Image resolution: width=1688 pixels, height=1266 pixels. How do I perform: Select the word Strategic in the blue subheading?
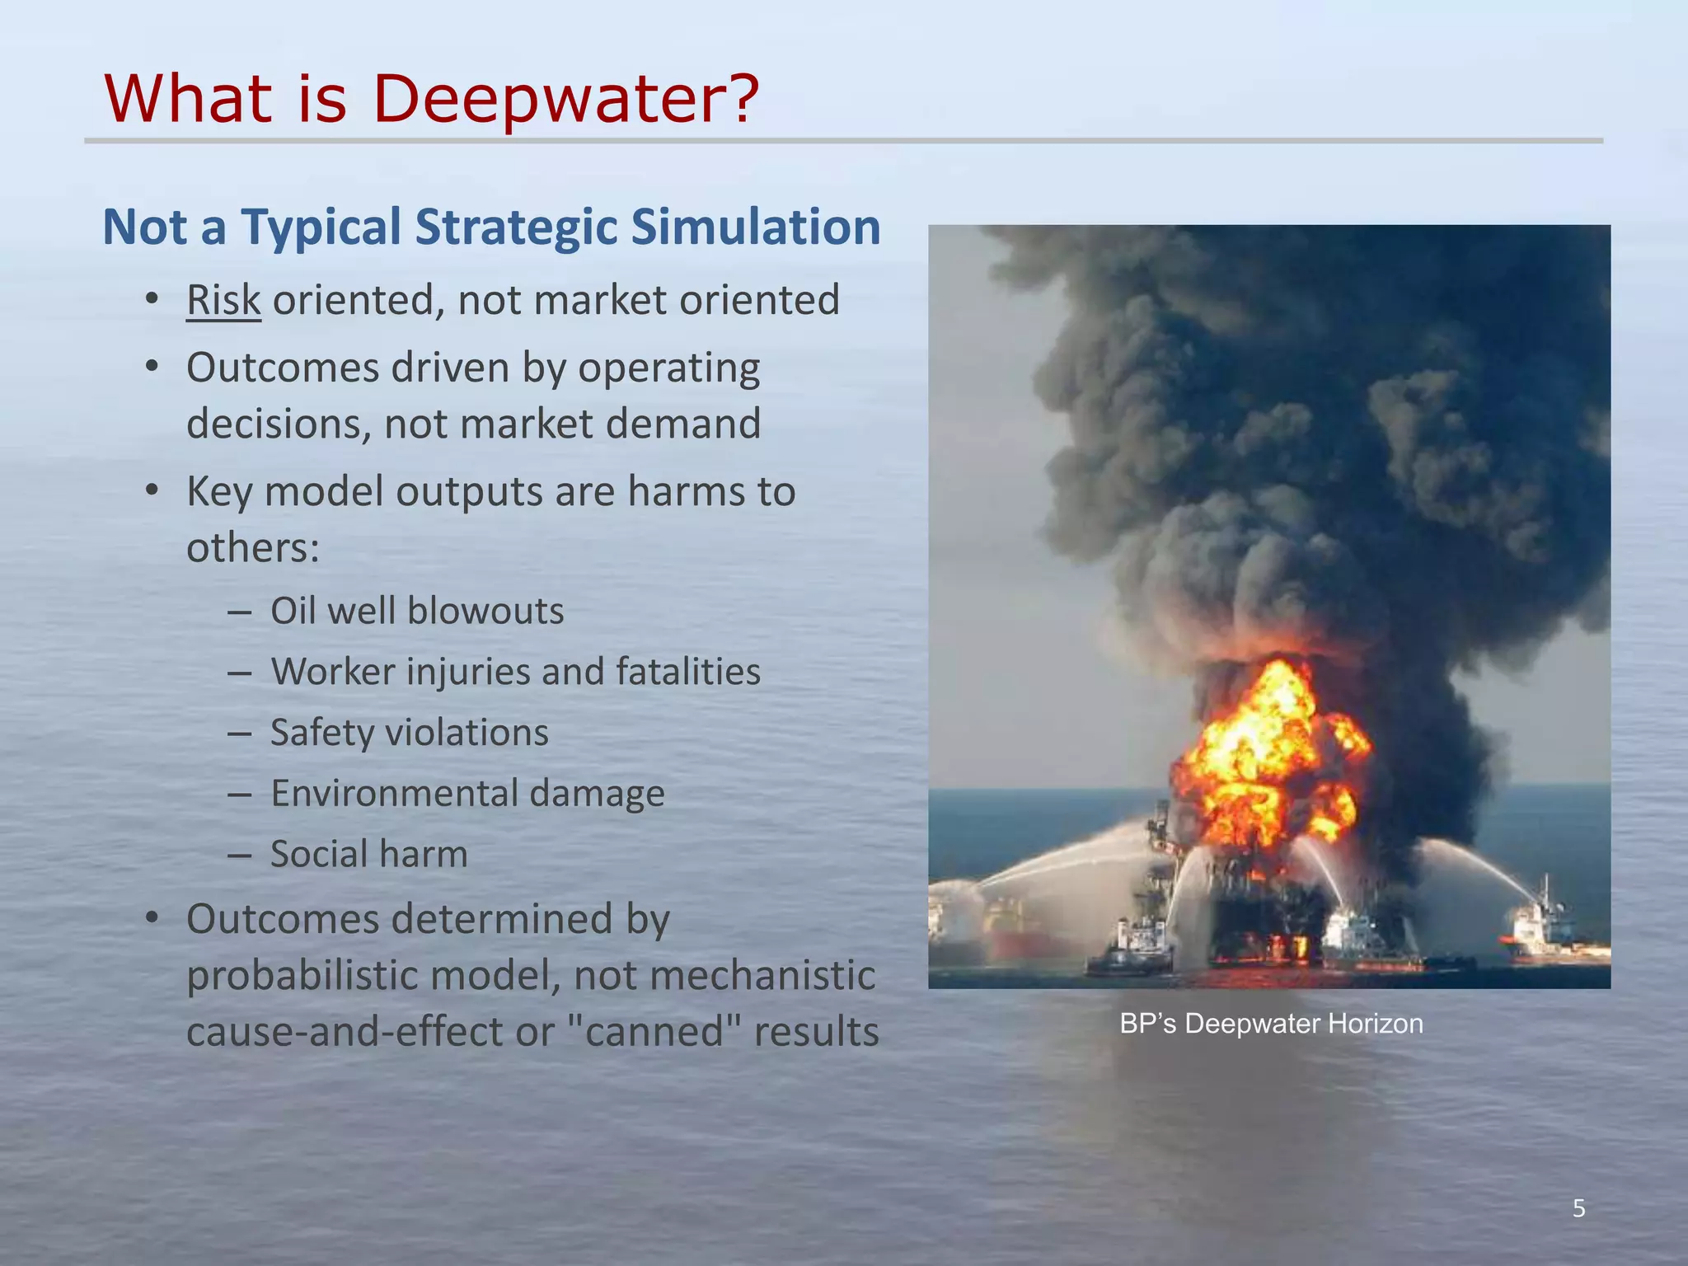point(516,227)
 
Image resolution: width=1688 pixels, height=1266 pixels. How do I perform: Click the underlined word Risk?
point(223,300)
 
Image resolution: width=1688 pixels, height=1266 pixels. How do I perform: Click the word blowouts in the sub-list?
point(485,612)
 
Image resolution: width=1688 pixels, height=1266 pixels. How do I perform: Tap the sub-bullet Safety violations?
point(409,733)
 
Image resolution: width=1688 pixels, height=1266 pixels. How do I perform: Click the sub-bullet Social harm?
point(368,854)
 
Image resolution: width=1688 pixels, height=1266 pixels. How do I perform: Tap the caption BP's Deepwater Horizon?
point(1271,1024)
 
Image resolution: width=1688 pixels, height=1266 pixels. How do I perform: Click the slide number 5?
point(1578,1208)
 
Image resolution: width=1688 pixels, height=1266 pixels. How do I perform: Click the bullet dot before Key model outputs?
point(152,491)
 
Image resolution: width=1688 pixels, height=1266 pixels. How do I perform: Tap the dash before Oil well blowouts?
point(239,612)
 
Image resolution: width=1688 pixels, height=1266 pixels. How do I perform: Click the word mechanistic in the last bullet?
point(766,976)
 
